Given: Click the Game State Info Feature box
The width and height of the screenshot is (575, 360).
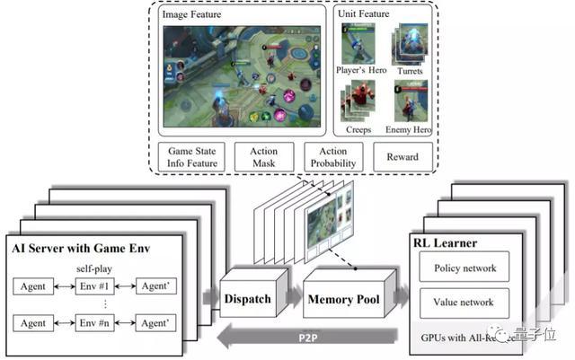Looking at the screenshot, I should click(x=192, y=157).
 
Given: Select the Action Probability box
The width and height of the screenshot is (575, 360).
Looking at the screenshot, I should click(x=332, y=157).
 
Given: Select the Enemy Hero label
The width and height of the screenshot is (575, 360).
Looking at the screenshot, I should click(x=409, y=130).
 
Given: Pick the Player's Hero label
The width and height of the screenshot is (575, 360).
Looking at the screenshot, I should click(x=362, y=71).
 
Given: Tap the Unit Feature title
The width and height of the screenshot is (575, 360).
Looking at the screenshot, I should click(x=364, y=15).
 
